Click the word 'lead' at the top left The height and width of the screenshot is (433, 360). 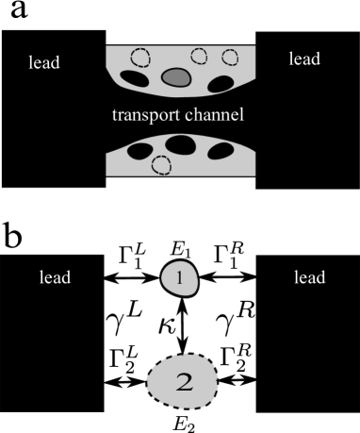click(43, 63)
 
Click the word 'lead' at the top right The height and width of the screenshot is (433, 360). click(303, 59)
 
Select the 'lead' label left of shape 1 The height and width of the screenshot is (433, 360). click(55, 277)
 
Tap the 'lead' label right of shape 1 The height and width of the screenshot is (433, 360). click(309, 277)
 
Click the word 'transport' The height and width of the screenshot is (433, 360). click(146, 115)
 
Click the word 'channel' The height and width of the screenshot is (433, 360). click(216, 115)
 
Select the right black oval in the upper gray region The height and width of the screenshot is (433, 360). click(221, 84)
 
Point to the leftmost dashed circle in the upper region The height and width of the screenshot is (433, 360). click(139, 58)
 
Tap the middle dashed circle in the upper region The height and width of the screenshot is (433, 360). click(199, 56)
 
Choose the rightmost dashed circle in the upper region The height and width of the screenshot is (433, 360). click(230, 57)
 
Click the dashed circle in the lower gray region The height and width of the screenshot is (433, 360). click(161, 165)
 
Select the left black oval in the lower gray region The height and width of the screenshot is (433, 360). click(140, 150)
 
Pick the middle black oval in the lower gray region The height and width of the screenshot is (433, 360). click(180, 145)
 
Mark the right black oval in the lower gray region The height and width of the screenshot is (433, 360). click(220, 150)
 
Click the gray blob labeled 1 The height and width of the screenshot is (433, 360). click(180, 277)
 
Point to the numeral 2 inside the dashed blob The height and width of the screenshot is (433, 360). click(184, 382)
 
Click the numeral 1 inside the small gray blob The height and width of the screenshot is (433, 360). click(180, 277)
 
